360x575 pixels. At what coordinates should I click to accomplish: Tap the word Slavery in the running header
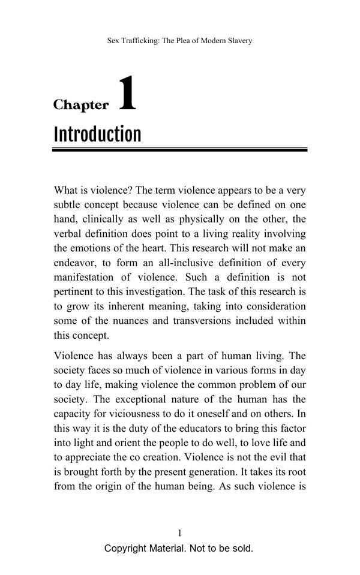point(238,41)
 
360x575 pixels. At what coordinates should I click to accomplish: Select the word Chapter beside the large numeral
point(81,105)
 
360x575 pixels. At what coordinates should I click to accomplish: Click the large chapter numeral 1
point(127,94)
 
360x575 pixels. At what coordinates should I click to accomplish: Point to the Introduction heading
point(97,134)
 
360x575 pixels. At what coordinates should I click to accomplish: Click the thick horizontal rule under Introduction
point(179,149)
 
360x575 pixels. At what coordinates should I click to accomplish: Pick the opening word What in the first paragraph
point(66,191)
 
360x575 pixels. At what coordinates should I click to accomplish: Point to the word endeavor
point(75,263)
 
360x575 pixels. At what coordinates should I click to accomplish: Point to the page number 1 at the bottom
point(179,533)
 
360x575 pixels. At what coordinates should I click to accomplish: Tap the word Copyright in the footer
point(125,549)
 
